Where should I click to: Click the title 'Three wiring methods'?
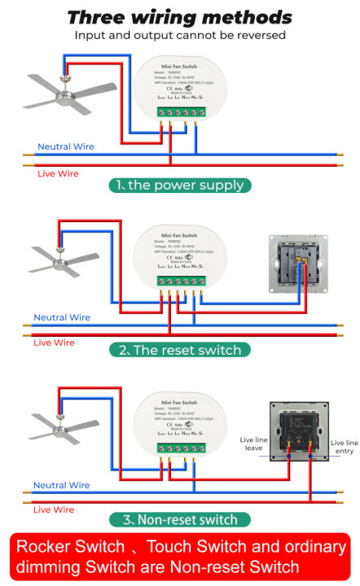click(x=179, y=17)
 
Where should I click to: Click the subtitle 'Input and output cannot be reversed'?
click(x=179, y=35)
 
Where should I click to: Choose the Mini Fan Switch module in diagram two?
click(x=180, y=259)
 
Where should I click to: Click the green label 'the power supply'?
click(x=179, y=185)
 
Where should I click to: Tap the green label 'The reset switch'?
click(x=179, y=350)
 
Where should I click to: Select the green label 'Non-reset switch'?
click(x=179, y=519)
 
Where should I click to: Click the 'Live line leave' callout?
click(x=252, y=444)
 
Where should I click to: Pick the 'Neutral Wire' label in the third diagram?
click(x=61, y=485)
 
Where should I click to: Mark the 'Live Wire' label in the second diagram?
click(x=54, y=343)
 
